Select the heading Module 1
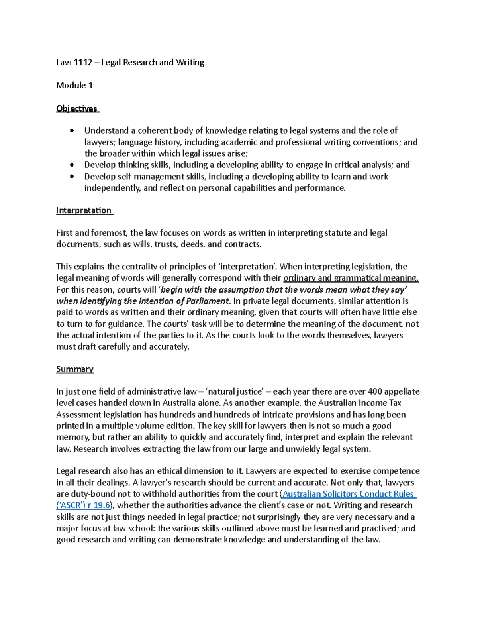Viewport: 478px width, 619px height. [x=74, y=85]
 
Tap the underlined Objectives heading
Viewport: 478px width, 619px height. [x=77, y=108]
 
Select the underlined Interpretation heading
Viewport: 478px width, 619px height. [x=84, y=210]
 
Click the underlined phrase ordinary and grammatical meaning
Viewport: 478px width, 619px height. [x=351, y=278]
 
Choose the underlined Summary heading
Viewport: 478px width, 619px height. [x=75, y=369]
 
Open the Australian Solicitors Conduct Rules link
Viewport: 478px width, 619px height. [x=348, y=494]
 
